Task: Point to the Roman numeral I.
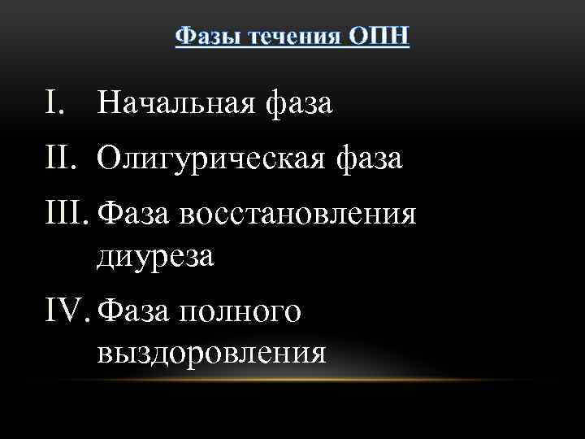tap(52, 103)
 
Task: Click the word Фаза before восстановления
tap(133, 215)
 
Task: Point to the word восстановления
tap(297, 215)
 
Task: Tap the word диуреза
tap(156, 256)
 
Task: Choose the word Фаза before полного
tap(133, 311)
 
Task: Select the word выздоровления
tap(211, 352)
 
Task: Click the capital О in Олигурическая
tap(108, 159)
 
